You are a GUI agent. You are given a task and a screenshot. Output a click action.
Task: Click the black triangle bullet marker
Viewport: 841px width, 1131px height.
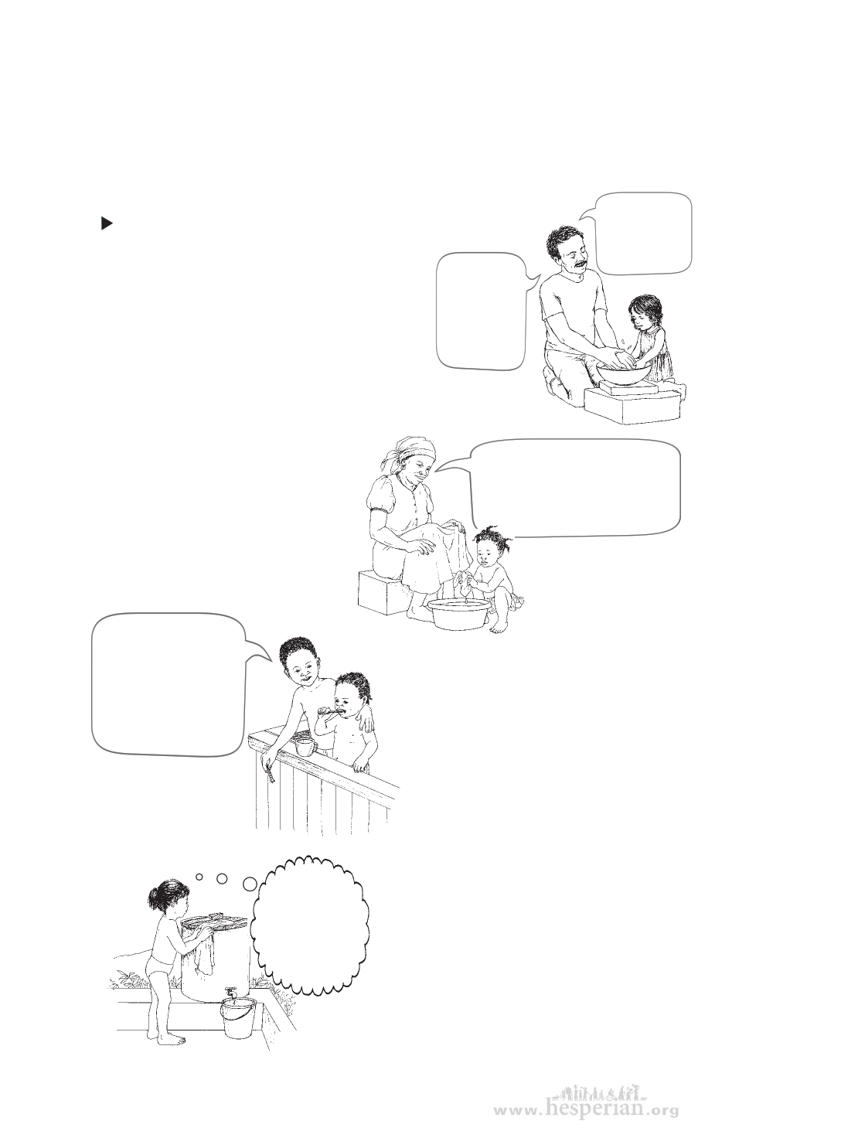click(106, 223)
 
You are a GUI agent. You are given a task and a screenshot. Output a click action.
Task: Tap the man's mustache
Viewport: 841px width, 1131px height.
click(580, 264)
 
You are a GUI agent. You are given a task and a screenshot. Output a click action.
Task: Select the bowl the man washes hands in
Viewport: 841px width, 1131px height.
click(624, 371)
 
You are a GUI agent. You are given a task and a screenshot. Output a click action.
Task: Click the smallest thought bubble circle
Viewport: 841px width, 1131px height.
click(199, 877)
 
